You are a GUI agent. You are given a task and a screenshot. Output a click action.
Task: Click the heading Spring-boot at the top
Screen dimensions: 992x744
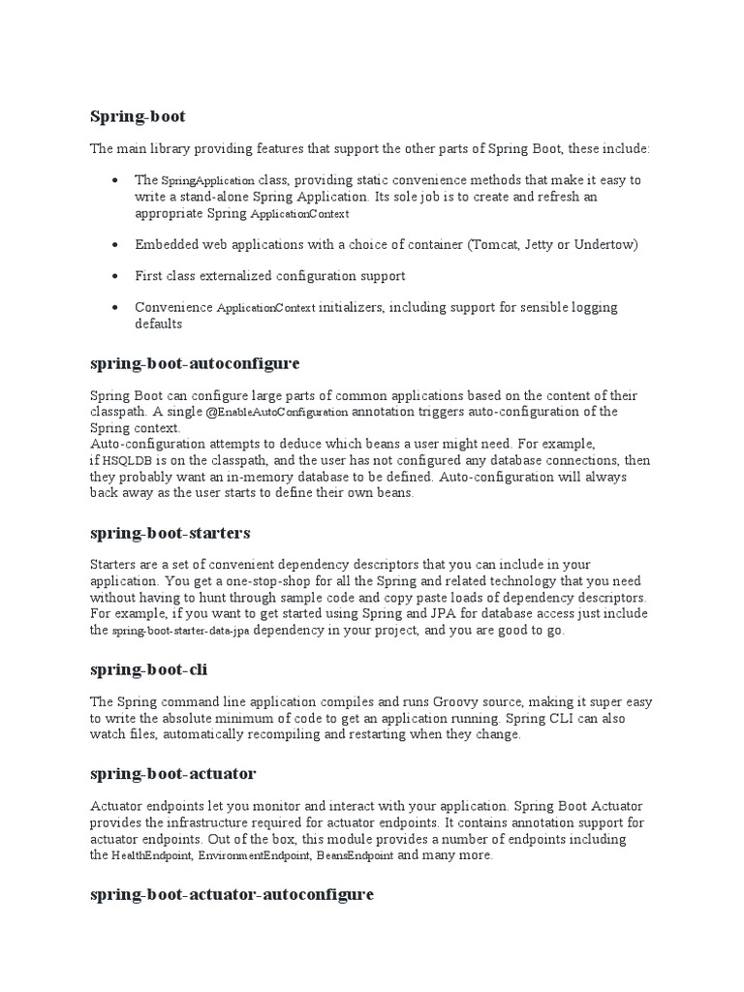[138, 117]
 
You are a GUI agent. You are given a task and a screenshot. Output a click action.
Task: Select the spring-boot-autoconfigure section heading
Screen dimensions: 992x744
[195, 363]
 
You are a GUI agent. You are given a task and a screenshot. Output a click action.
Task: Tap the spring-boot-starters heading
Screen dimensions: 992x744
[170, 533]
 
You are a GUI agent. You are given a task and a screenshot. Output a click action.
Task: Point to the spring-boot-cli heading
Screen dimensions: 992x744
[148, 669]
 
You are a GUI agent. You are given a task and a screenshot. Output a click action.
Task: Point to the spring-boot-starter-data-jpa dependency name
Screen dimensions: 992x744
[180, 632]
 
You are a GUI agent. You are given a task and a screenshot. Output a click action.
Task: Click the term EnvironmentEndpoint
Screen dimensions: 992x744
[258, 856]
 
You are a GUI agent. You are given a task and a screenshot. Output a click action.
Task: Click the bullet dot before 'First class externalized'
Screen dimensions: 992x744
[115, 277]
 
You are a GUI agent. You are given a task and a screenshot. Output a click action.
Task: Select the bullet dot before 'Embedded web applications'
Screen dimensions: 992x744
[115, 245]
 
